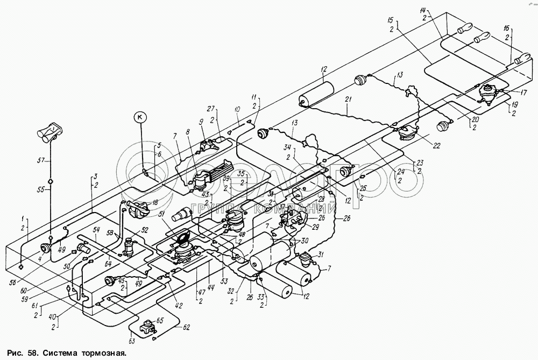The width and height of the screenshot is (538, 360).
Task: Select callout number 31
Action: coord(320,255)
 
